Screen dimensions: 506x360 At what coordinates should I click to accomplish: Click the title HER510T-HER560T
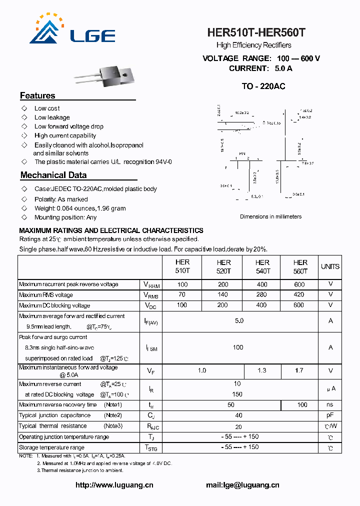pos(256,33)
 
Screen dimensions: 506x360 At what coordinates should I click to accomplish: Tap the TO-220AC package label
pos(263,86)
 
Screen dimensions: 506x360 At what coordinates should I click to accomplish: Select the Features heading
pos(37,95)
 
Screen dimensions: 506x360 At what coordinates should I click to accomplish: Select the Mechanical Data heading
pos(53,175)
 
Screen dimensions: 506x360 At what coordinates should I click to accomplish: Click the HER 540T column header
pos(262,266)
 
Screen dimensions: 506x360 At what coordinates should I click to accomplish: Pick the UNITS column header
pos(330,266)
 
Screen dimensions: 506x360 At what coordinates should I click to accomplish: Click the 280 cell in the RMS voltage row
pos(261,294)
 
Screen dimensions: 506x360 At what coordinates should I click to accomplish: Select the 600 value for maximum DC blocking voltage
pos(299,305)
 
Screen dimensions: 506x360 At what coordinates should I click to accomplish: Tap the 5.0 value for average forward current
pos(239,320)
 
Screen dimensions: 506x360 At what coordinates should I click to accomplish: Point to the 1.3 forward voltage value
pos(261,370)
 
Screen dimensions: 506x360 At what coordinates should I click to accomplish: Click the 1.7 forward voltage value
pos(299,370)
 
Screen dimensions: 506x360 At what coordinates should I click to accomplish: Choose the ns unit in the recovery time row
pos(330,404)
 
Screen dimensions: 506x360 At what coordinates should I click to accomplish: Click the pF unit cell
pos(330,415)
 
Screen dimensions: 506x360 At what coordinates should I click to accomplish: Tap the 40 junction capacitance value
pos(239,415)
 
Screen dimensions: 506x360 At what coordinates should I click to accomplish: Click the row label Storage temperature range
pos(51,447)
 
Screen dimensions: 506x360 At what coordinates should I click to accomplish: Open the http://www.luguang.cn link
pos(114,484)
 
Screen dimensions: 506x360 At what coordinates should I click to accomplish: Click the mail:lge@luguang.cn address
pos(242,484)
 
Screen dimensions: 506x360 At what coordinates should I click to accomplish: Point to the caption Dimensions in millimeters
pos(270,216)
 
